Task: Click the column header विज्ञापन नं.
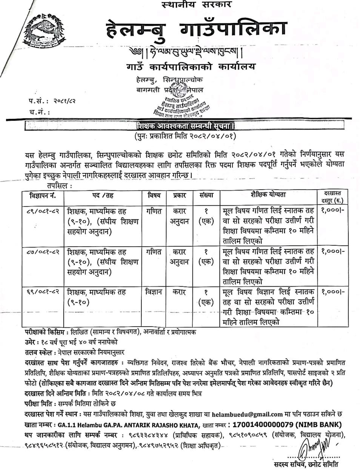[x=43, y=196]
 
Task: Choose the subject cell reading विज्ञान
[x=153, y=292]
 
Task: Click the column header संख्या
[x=206, y=196]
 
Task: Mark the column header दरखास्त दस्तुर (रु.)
[x=333, y=197]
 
